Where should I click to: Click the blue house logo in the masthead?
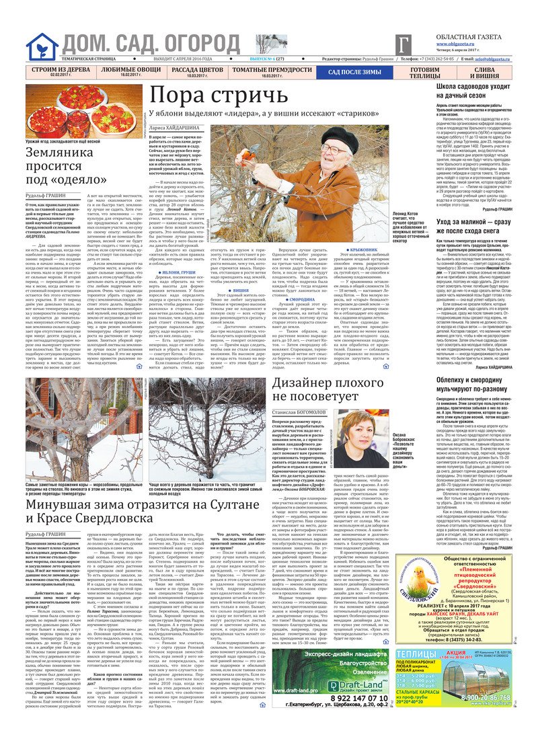tap(42, 46)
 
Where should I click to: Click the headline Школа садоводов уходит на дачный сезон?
tap(477, 91)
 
